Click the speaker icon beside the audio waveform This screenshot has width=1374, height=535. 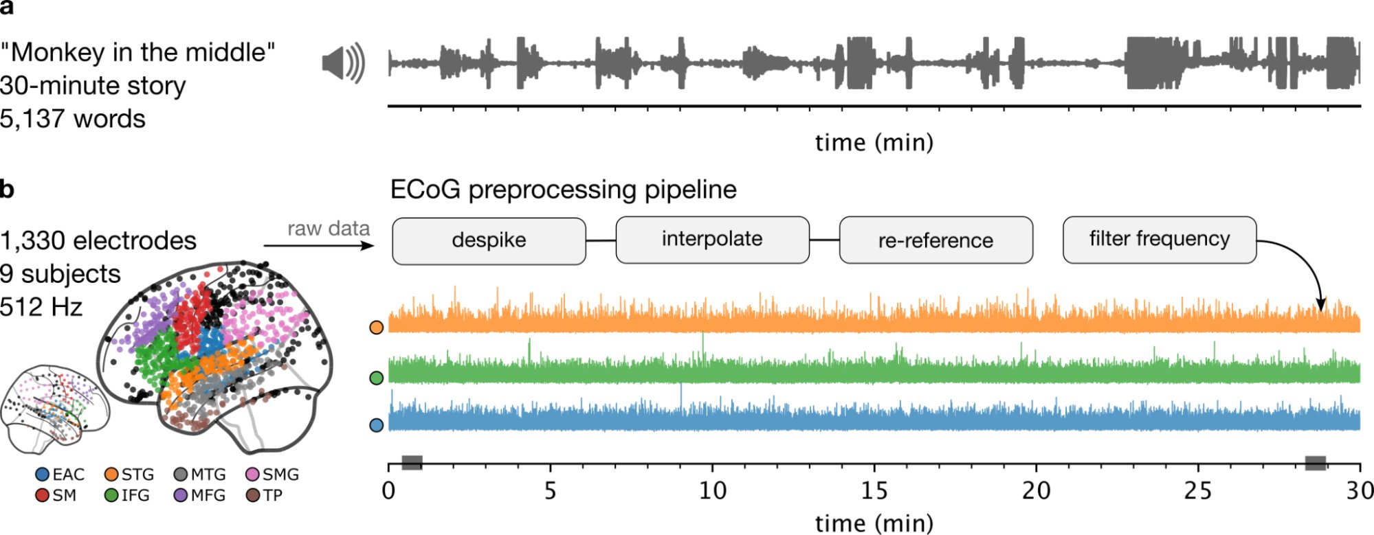pos(343,64)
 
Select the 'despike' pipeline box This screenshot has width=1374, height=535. pos(489,240)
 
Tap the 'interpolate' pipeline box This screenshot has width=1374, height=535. pos(712,240)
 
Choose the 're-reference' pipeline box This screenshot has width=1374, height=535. pos(935,240)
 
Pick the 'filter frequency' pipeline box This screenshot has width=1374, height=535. pos(1159,239)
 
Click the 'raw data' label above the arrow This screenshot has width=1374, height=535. pos(329,229)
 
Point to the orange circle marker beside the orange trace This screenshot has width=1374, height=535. pos(376,328)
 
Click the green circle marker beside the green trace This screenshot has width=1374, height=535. pos(376,378)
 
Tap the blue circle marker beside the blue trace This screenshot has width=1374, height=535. pos(376,425)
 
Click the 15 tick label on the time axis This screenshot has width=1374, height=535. pos(874,491)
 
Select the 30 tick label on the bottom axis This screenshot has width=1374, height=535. pos(1359,491)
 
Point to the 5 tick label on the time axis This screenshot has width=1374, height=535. pos(550,491)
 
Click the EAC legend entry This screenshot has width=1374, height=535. pos(60,475)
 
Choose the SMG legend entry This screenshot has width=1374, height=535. pos(272,475)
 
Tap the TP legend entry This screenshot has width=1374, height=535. pos(264,495)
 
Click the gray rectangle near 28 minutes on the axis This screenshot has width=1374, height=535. pos(1315,463)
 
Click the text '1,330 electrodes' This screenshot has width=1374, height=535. pos(98,241)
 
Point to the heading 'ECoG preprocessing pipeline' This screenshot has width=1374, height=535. pos(563,190)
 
